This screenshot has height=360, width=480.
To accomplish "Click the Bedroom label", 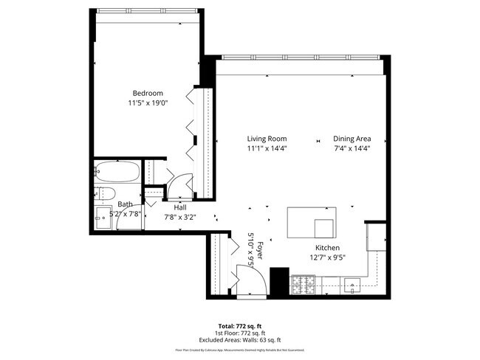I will pos(148,93).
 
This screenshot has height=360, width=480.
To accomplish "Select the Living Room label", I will pos(267,139).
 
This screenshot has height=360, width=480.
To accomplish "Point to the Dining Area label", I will pos(352,139).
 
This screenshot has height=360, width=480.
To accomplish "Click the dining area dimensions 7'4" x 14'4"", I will pos(352,148).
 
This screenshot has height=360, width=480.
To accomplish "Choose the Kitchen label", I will pos(327,248).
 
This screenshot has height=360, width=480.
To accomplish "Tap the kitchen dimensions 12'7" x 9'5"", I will pos(327,257).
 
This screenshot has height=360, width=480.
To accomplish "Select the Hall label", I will pos(180,208).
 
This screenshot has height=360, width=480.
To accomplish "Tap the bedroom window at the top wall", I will pos(148,11).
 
